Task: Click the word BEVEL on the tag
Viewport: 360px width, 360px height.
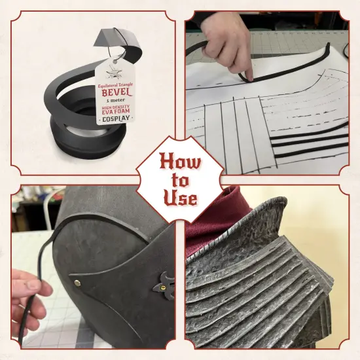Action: [117, 92]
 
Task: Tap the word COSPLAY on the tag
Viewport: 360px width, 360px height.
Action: [116, 118]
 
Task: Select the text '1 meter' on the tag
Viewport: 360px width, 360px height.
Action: [116, 100]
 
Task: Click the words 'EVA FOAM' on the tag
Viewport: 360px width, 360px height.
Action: [116, 111]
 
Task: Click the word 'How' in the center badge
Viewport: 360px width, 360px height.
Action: [180, 163]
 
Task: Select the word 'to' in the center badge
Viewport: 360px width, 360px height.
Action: [181, 181]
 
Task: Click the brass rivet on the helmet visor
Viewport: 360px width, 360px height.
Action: [78, 283]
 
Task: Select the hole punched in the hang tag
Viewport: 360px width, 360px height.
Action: [115, 62]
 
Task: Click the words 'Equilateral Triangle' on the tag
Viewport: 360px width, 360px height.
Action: [115, 85]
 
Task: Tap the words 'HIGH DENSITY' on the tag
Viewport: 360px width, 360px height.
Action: [116, 107]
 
